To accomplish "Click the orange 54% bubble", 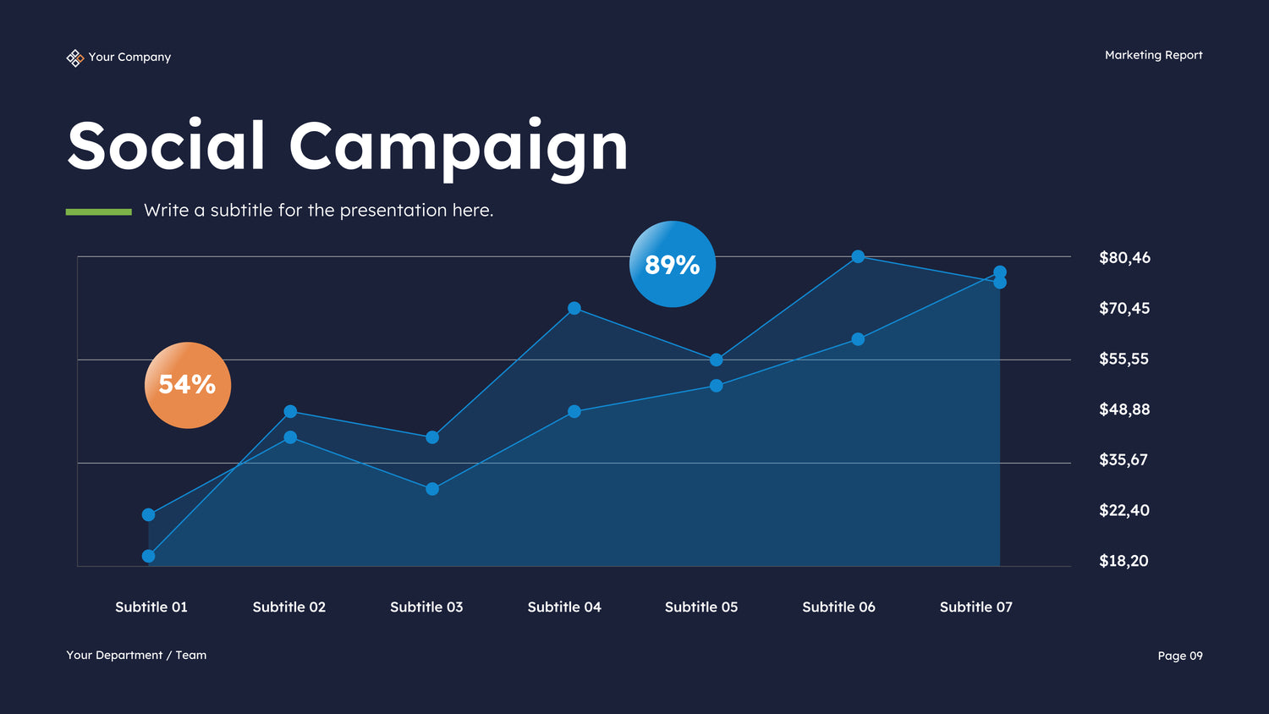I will [188, 385].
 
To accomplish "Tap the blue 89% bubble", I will [673, 264].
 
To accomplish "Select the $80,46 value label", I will [1124, 257].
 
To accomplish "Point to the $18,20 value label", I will [1123, 560].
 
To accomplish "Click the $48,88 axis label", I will [1124, 409].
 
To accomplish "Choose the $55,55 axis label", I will [1123, 359].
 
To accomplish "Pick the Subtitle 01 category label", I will [151, 607].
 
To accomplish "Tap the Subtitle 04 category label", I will [564, 607].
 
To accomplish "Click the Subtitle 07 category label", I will [975, 607].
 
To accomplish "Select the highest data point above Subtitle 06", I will [858, 256].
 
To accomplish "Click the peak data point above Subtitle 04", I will [574, 308].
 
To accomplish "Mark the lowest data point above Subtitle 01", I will [149, 556].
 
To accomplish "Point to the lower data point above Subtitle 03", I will [432, 489].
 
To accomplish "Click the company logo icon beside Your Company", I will [74, 58].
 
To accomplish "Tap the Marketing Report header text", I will [1153, 55].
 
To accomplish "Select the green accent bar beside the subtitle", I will [99, 211].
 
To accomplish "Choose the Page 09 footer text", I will [1179, 656].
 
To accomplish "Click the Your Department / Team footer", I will [136, 655].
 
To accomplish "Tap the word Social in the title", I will [167, 146].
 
